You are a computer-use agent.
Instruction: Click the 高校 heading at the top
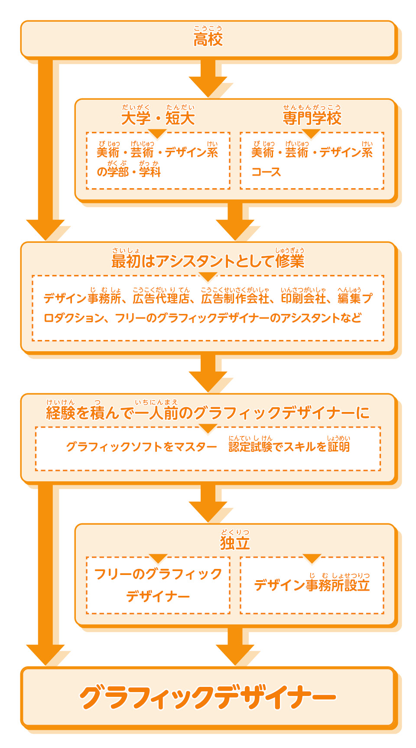[208, 39]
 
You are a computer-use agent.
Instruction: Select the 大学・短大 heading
[158, 118]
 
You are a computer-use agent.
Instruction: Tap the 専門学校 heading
[312, 118]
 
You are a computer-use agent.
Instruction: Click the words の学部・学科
[129, 172]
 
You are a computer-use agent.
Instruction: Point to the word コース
[266, 172]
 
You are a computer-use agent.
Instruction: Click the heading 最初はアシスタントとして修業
[208, 261]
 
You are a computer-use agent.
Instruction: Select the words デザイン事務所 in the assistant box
[82, 298]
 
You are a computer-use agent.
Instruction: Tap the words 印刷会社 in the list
[303, 298]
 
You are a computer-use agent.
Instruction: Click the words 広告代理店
[161, 298]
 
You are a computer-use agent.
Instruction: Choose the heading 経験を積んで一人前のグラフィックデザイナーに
[208, 413]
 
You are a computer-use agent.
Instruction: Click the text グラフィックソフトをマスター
[141, 447]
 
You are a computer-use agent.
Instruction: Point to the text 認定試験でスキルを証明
[289, 447]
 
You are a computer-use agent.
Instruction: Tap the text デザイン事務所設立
[312, 585]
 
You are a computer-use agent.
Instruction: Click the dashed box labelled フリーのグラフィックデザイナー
[158, 585]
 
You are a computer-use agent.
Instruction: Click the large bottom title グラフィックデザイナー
[208, 697]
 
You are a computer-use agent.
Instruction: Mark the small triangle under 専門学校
[311, 133]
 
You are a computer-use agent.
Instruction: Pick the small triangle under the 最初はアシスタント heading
[208, 276]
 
